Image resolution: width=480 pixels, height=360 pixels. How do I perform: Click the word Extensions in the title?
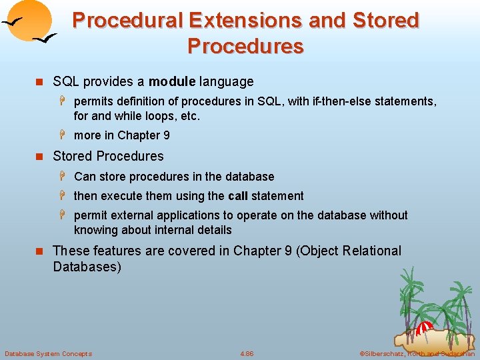coord(246,21)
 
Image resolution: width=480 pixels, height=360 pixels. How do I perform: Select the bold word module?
coord(171,82)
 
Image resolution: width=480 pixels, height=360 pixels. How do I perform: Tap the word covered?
coord(174,251)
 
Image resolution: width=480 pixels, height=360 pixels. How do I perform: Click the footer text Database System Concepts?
coord(48,353)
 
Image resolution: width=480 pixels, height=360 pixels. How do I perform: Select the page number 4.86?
coord(247,353)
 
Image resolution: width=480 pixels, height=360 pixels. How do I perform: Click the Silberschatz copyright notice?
coord(416,353)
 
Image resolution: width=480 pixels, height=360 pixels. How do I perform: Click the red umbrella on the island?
coord(425,327)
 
